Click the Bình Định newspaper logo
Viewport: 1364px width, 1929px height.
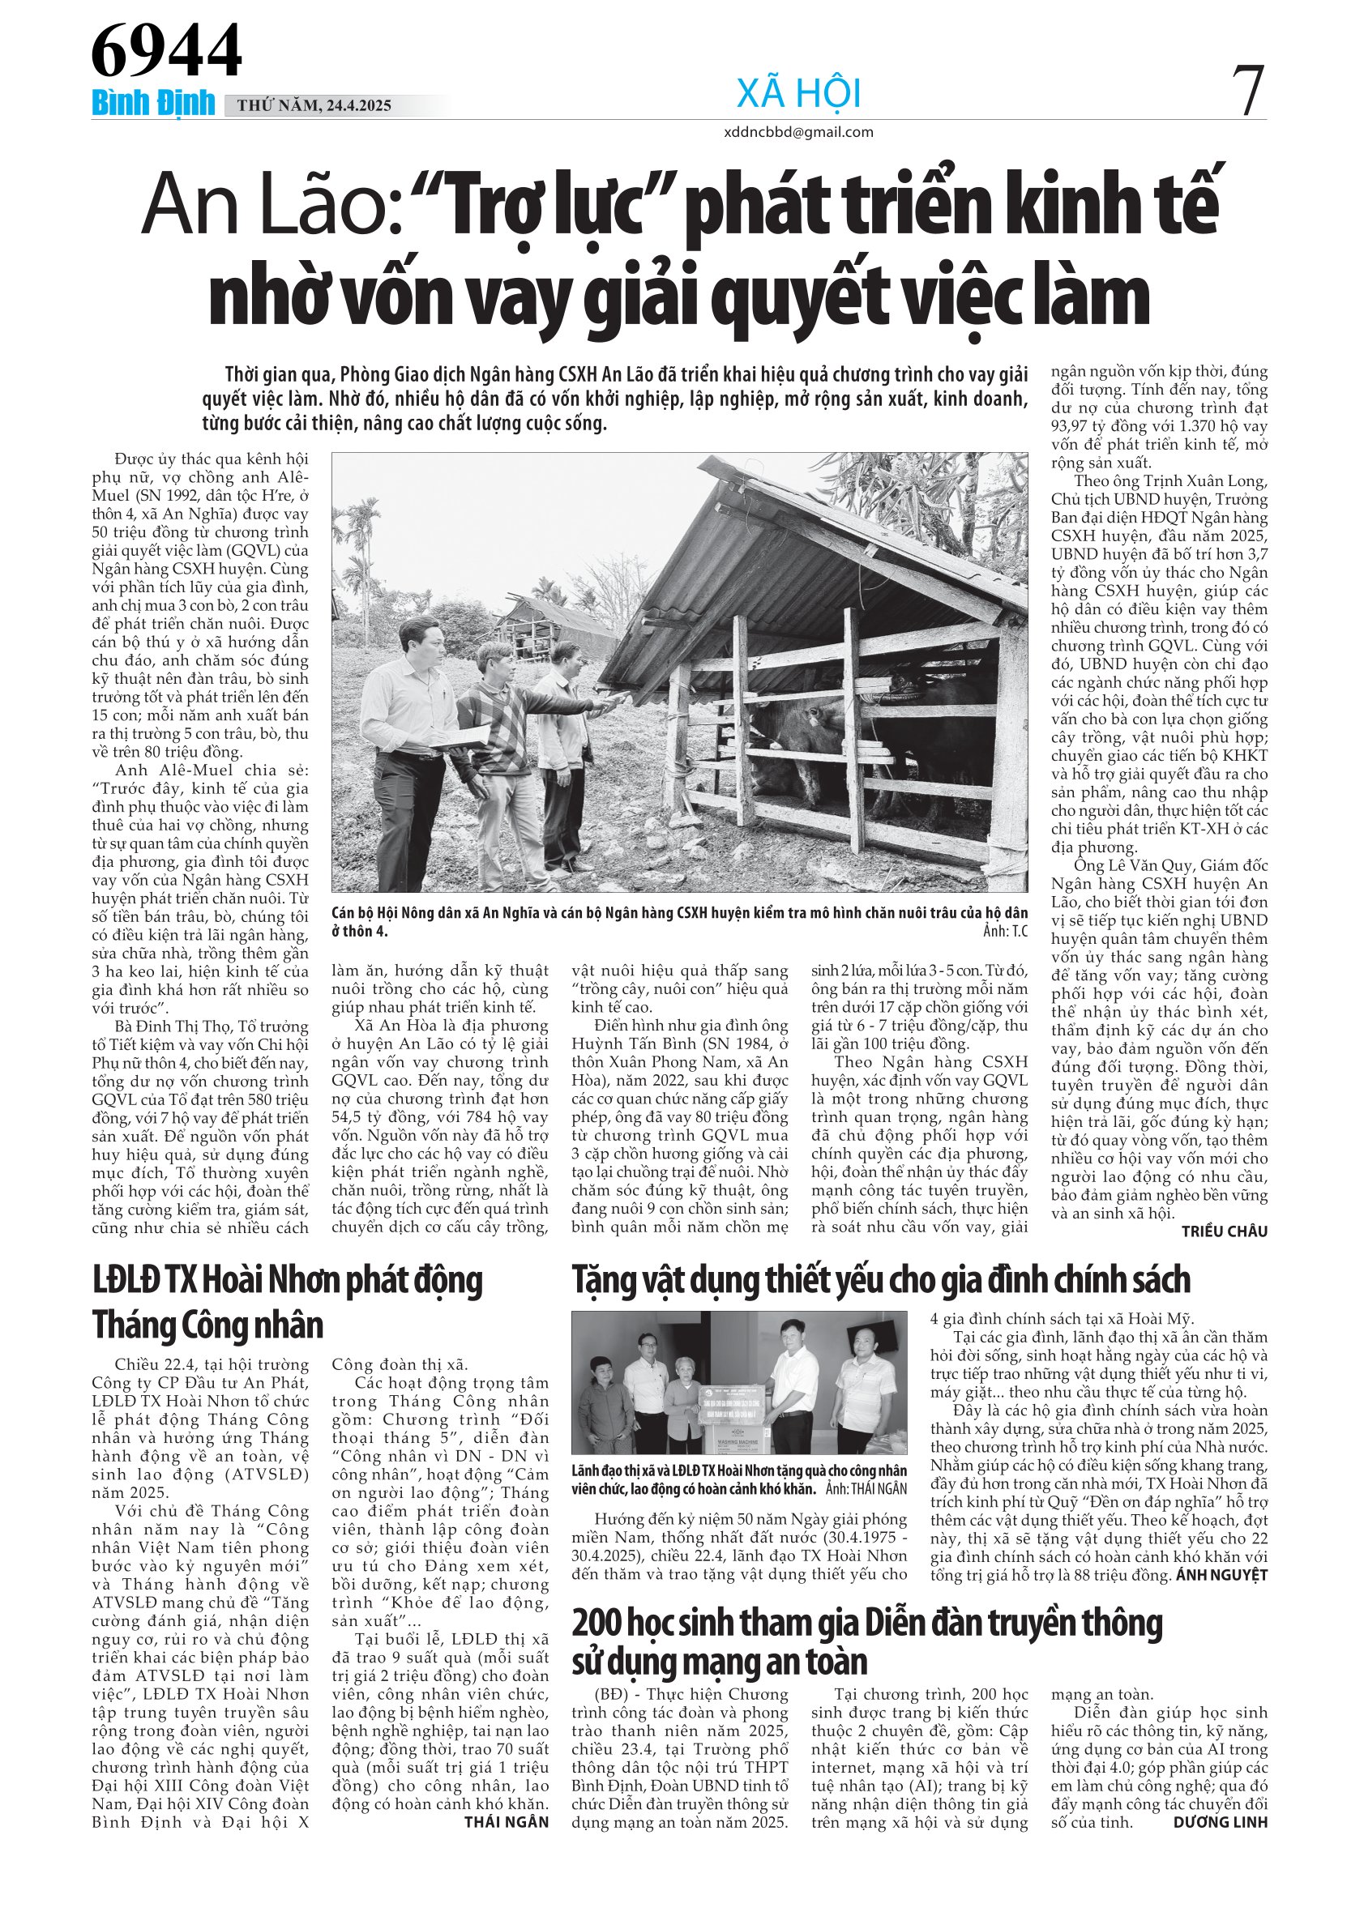(x=153, y=104)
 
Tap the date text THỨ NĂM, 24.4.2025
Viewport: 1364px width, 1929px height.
(x=314, y=106)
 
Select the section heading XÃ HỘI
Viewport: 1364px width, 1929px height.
(x=798, y=93)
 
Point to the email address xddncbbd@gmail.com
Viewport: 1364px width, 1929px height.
(x=798, y=132)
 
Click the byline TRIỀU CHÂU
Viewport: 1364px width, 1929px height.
(x=1225, y=1231)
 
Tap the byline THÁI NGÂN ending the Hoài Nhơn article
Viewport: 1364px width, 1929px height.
(x=506, y=1822)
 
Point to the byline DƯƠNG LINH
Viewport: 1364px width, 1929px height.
(x=1221, y=1822)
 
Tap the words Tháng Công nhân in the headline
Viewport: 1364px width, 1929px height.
(x=207, y=1325)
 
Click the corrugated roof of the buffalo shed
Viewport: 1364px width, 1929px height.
(x=806, y=554)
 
